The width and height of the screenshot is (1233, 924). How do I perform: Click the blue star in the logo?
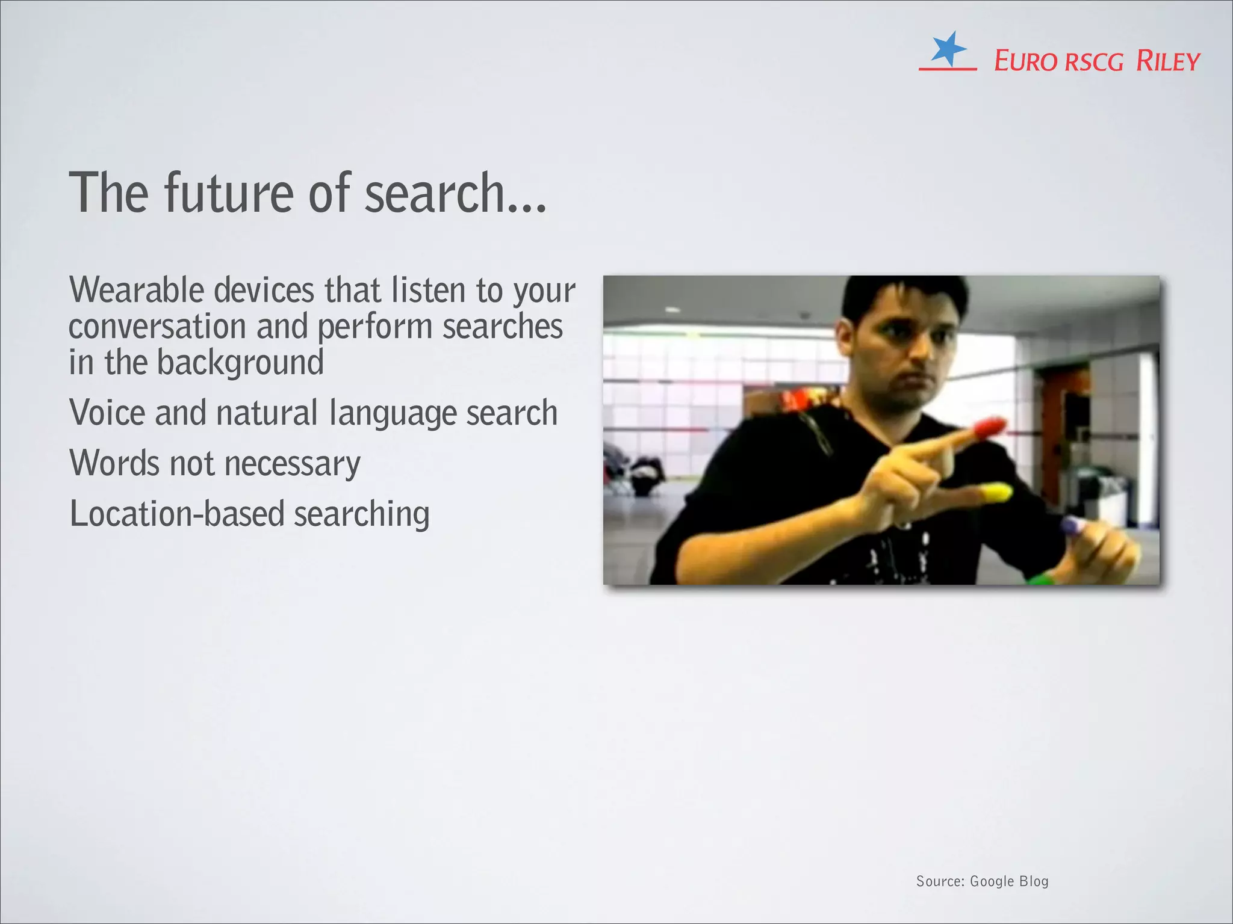pos(948,48)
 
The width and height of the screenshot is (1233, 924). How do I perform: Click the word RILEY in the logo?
pos(1168,61)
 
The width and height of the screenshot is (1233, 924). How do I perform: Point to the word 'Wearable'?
pos(137,290)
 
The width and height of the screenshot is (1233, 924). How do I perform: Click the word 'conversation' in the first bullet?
pos(157,327)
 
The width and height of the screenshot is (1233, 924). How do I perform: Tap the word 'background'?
pos(240,363)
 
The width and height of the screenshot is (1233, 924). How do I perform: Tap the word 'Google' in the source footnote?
pos(992,881)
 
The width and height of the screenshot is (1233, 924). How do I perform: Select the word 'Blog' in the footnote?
pos(1034,881)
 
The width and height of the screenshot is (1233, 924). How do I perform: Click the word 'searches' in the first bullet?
pos(503,327)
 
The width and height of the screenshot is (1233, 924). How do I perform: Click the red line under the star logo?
pos(948,69)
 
